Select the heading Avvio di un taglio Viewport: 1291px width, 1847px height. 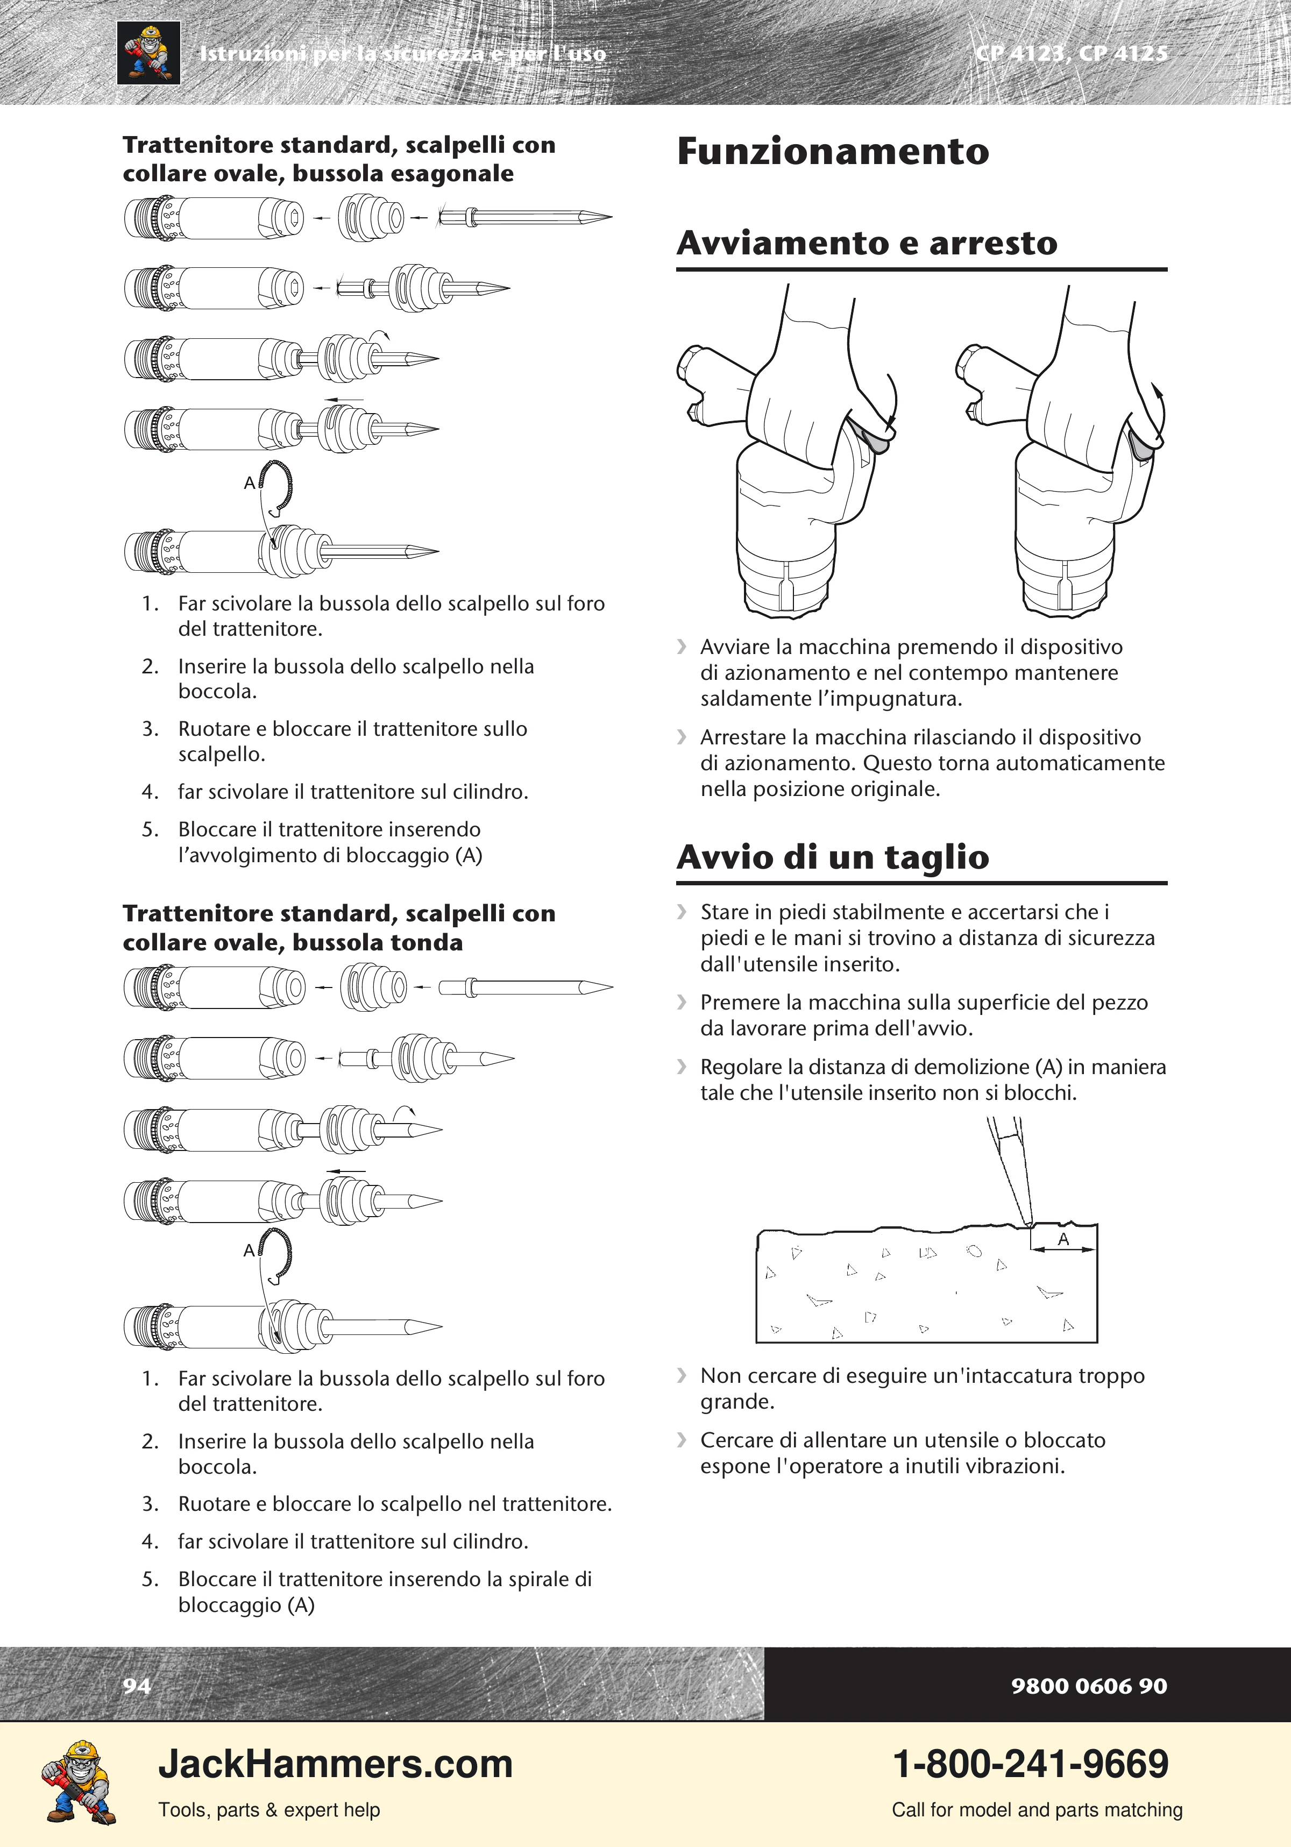coord(833,857)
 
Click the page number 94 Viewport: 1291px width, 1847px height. coord(137,1685)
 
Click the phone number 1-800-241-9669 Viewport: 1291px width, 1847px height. coord(1031,1764)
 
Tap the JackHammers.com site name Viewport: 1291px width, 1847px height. coord(336,1764)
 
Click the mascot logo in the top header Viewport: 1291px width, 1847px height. coord(149,53)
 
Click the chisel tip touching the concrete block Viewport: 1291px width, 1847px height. coord(1029,1224)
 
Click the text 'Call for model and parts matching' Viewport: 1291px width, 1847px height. coord(1037,1810)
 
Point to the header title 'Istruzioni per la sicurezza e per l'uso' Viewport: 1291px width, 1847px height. coord(402,54)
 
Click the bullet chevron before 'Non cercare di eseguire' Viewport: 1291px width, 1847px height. coord(682,1375)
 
